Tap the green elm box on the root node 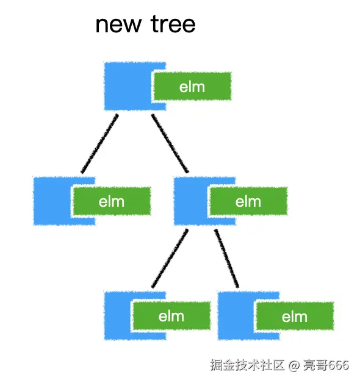pyautogui.click(x=192, y=87)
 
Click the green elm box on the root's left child pyautogui.click(x=111, y=201)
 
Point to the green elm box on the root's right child pyautogui.click(x=248, y=201)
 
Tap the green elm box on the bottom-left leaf pyautogui.click(x=171, y=316)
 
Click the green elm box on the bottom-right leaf pyautogui.click(x=294, y=317)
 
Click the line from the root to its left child pyautogui.click(x=99, y=144)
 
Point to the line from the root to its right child pyautogui.click(x=170, y=144)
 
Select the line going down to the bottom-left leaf pyautogui.click(x=170, y=259)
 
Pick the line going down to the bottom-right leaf pyautogui.click(x=226, y=259)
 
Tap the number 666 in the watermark pyautogui.click(x=337, y=365)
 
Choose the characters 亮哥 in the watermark pyautogui.click(x=314, y=365)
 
